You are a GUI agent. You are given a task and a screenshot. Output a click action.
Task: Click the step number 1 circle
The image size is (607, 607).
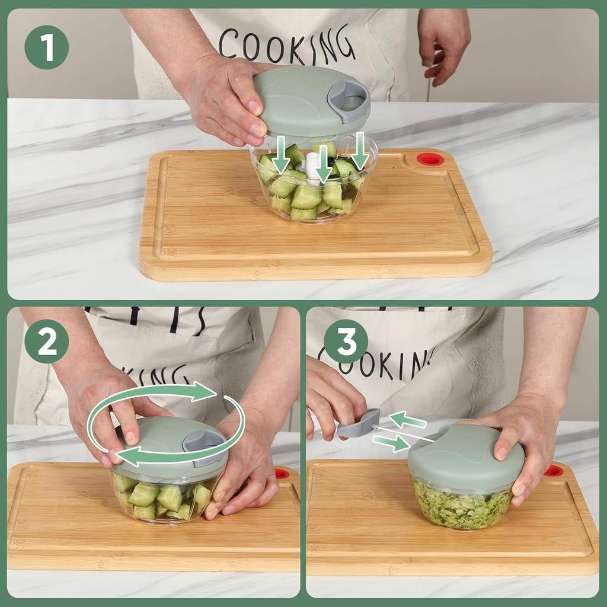(x=46, y=47)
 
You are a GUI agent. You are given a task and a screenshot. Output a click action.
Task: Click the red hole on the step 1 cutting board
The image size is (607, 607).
(x=430, y=159)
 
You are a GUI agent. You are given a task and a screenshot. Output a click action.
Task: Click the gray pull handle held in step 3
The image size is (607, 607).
(x=361, y=424)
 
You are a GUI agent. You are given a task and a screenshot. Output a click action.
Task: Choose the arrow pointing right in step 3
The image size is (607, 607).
(x=391, y=442)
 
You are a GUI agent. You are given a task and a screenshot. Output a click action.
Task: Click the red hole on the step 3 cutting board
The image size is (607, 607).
(x=553, y=471)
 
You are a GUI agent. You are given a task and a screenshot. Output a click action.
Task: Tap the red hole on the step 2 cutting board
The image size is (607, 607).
(x=282, y=473)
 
